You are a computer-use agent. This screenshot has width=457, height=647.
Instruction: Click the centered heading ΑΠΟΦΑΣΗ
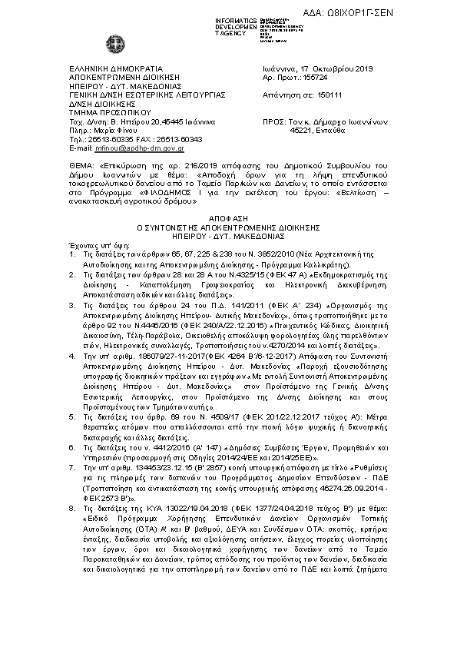228,219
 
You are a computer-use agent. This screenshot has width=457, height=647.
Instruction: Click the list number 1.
71,253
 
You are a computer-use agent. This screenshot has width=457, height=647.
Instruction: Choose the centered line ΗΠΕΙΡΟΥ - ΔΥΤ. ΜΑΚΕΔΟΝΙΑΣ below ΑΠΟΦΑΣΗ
228,236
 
